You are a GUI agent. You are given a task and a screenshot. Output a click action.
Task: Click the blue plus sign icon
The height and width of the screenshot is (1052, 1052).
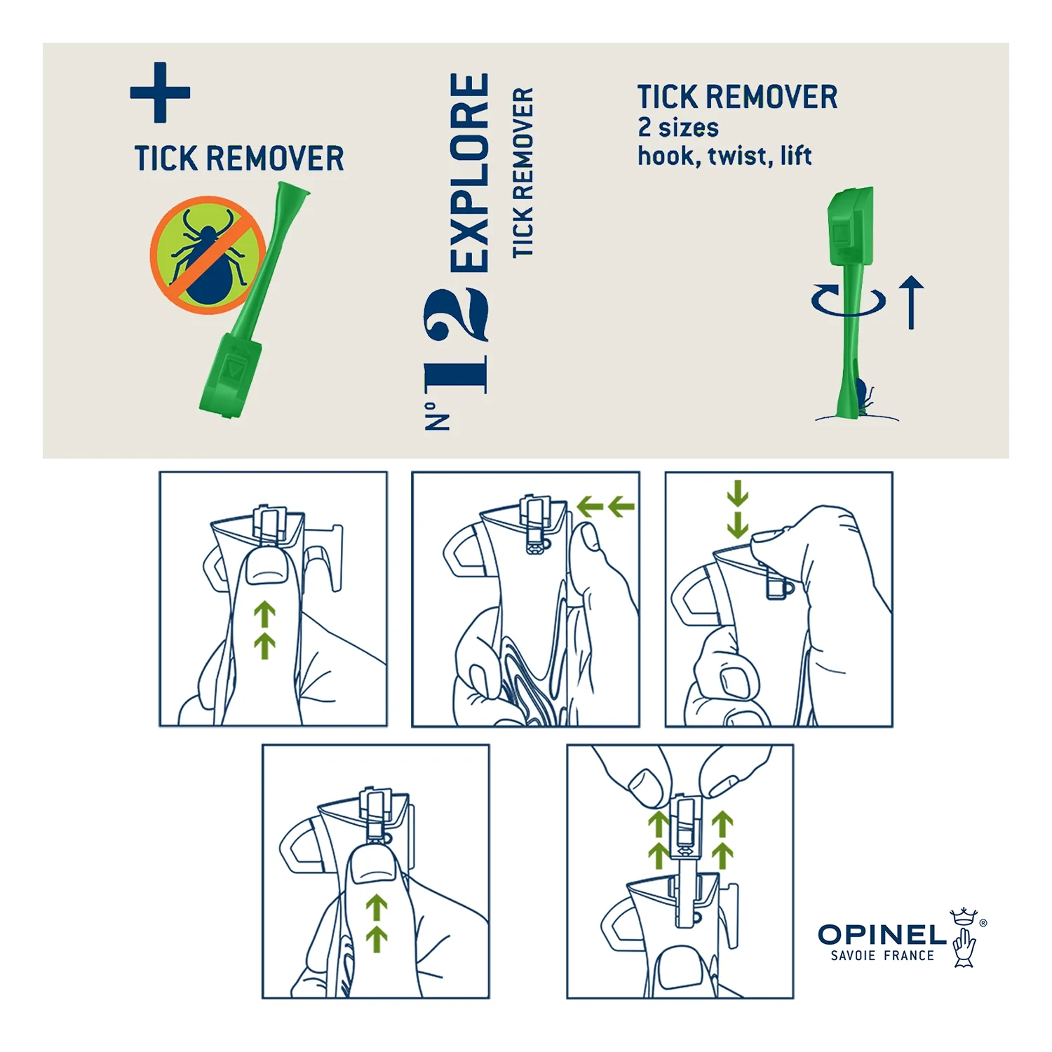pos(160,93)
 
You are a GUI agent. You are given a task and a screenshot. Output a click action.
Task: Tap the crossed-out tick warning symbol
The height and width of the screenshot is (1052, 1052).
pos(208,255)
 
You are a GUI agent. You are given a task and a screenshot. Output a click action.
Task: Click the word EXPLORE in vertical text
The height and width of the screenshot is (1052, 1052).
pos(469,172)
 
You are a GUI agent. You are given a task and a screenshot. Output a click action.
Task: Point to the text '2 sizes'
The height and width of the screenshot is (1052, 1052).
pos(678,128)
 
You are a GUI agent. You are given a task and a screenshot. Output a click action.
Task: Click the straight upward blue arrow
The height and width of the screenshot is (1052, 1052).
pos(911,302)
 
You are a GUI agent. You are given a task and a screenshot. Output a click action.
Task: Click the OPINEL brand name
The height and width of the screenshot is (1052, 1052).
pos(882,934)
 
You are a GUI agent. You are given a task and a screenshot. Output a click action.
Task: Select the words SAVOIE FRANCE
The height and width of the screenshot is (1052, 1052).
pos(882,956)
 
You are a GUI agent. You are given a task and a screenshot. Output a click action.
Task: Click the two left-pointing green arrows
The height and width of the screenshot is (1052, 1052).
pos(605,506)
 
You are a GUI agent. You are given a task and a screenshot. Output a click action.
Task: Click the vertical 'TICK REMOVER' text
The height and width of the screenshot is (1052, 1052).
pos(523,173)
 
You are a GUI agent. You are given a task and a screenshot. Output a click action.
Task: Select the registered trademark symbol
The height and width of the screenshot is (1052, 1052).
pos(983,923)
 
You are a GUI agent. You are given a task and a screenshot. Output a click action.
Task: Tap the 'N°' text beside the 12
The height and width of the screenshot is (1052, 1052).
pos(437,417)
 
